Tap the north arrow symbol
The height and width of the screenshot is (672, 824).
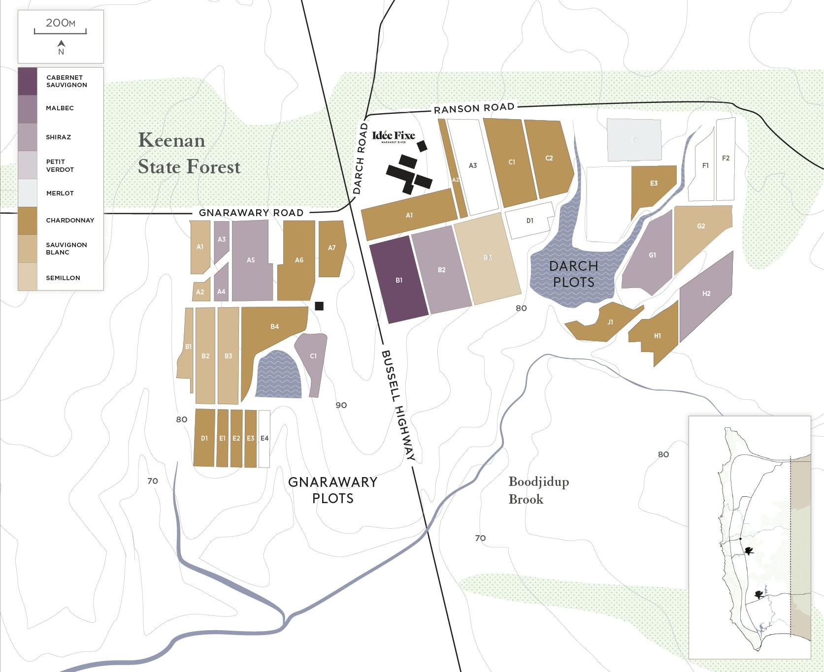(x=61, y=44)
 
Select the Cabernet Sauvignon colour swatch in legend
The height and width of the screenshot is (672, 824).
(x=28, y=81)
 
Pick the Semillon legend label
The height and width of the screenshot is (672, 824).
(x=63, y=278)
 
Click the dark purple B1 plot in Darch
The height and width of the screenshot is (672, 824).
(x=399, y=280)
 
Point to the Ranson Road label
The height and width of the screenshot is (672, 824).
(x=474, y=108)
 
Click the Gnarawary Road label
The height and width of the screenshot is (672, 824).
(x=251, y=213)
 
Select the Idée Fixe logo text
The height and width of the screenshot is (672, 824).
(x=394, y=136)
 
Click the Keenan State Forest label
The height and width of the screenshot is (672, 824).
(x=189, y=153)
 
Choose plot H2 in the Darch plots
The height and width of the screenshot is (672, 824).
(x=706, y=293)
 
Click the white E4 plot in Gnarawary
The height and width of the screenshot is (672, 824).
(x=264, y=438)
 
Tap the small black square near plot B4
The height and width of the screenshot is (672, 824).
(x=319, y=306)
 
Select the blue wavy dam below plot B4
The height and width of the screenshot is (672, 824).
(x=278, y=377)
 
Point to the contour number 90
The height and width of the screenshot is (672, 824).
(x=341, y=405)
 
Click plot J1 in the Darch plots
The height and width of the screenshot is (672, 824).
(x=610, y=322)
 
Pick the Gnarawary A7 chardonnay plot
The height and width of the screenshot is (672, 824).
(x=331, y=248)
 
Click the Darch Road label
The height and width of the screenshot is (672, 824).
(x=361, y=159)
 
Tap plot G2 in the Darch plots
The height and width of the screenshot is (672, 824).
(x=700, y=226)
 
